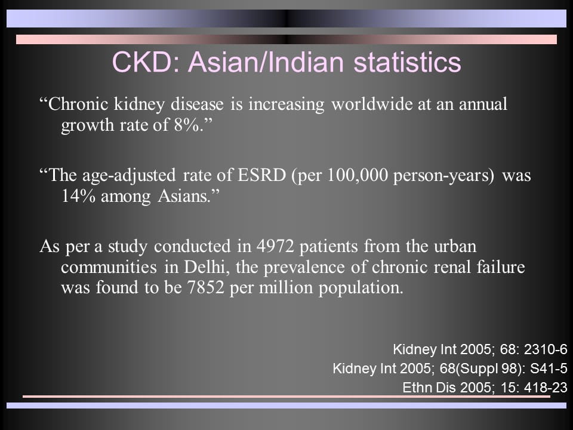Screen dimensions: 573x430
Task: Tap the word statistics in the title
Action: (x=407, y=62)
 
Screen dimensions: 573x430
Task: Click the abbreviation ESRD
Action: (x=261, y=175)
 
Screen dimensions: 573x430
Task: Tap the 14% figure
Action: (x=78, y=196)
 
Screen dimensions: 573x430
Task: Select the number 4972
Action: (x=275, y=246)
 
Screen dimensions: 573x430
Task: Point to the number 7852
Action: (x=205, y=287)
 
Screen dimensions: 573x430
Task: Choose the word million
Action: (x=286, y=287)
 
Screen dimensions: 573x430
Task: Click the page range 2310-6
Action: (x=546, y=349)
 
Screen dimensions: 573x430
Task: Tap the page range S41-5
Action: (x=549, y=368)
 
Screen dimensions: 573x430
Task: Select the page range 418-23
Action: (x=546, y=387)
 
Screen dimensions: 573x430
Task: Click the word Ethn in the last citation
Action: (x=416, y=387)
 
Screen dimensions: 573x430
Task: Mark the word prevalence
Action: (x=304, y=268)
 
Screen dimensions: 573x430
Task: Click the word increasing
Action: (x=286, y=105)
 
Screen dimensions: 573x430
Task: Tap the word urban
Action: (x=455, y=246)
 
